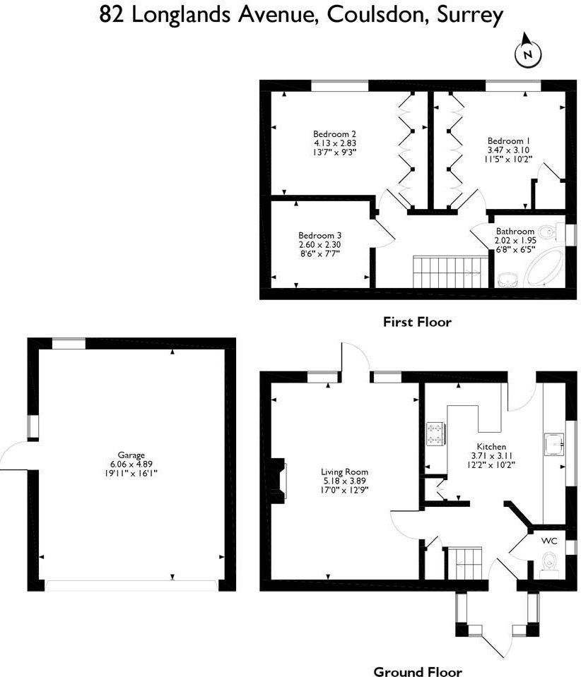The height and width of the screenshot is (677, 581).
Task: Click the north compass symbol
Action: coord(527,53)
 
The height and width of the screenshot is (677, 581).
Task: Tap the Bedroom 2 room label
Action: coord(334,133)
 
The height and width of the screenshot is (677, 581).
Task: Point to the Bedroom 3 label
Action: coord(319,235)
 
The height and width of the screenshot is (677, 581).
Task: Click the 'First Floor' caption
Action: coord(416,322)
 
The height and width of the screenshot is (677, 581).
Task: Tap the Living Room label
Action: coord(344,472)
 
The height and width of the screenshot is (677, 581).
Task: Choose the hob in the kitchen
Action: coord(435,433)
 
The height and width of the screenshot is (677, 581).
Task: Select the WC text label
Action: coord(549,541)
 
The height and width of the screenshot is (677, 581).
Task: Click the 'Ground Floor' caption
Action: coord(417,671)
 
